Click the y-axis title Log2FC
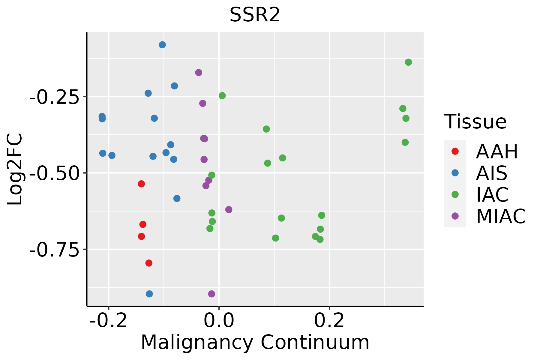tap(15, 169)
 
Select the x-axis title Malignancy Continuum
tap(255, 343)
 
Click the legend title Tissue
tap(475, 122)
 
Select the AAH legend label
tap(497, 151)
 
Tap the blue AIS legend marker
tap(455, 173)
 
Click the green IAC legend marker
tap(455, 194)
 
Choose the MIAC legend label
tap(501, 216)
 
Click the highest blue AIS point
tap(162, 45)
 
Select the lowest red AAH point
tap(149, 263)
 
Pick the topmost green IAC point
tap(408, 62)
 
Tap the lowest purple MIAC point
tap(211, 294)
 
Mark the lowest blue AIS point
tap(149, 294)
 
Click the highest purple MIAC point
tap(199, 73)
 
